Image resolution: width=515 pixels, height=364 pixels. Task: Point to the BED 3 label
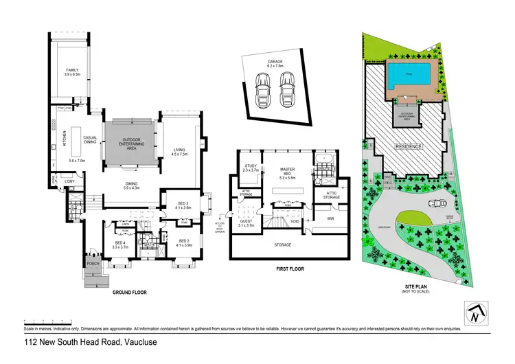183,205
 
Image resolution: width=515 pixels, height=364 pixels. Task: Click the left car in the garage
262,90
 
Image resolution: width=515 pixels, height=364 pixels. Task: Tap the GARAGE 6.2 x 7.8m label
276,64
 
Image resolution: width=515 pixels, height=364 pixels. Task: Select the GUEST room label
245,220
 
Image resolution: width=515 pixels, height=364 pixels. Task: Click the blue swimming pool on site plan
410,74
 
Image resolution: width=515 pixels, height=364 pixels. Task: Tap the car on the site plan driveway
436,203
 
